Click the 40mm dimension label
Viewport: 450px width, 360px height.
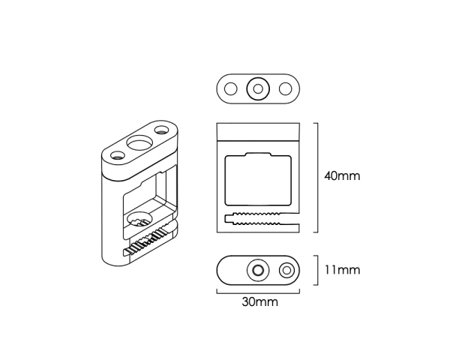coord(342,176)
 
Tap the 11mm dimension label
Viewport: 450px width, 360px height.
coord(342,270)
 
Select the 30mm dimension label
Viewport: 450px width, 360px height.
coord(260,302)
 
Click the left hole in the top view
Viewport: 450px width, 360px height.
coord(230,89)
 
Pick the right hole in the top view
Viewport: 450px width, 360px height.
coord(286,89)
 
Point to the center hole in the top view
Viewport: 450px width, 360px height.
coord(258,89)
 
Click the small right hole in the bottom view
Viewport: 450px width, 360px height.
coord(286,271)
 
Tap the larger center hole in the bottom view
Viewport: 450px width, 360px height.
coord(258,271)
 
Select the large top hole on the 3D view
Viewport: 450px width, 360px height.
coord(139,142)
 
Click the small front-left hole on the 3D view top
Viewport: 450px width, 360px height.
coord(118,155)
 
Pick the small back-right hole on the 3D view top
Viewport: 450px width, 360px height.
coord(162,130)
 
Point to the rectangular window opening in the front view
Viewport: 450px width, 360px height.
coord(258,179)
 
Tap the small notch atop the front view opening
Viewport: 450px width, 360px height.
coord(258,154)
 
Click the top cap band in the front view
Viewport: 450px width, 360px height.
coord(258,132)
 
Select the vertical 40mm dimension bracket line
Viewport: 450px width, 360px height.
coord(317,178)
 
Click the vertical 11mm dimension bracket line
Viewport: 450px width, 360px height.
coord(317,271)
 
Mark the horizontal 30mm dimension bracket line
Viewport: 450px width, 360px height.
coord(258,293)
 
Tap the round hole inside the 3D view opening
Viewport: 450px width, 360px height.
coord(139,220)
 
